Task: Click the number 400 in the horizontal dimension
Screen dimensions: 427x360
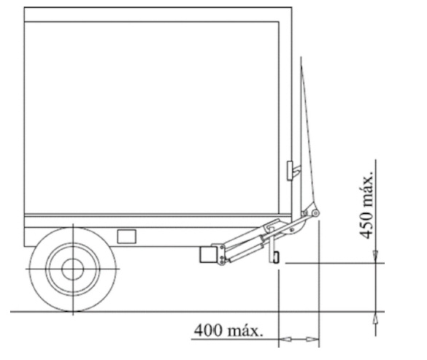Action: tap(208, 330)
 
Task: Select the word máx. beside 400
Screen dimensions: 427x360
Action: tap(245, 331)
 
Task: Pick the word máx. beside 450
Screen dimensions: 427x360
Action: tap(366, 189)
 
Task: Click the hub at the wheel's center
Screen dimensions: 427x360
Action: tap(72, 269)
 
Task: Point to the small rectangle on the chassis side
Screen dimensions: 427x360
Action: tap(126, 237)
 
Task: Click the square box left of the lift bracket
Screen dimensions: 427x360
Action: tap(209, 255)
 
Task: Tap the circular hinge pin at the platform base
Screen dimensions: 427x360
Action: tap(315, 212)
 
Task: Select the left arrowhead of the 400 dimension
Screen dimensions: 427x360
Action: tap(285, 340)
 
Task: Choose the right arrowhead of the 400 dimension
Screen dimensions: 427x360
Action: tap(312, 340)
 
